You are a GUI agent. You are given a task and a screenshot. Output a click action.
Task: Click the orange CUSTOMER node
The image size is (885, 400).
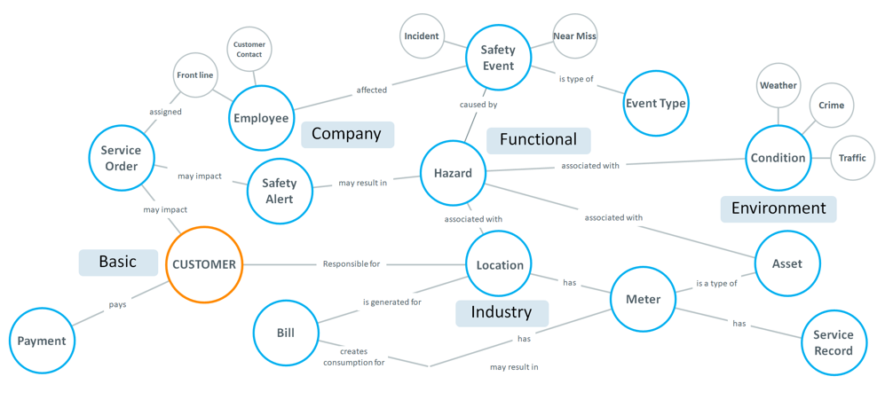click(x=204, y=264)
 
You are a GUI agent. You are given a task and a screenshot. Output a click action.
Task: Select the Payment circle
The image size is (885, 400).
click(x=42, y=341)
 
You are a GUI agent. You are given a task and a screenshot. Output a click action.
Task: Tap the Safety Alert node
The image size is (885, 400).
click(x=279, y=192)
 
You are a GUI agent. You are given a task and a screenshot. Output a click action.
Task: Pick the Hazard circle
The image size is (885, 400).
click(x=453, y=173)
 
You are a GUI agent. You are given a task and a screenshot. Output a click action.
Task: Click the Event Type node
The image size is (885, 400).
click(x=656, y=103)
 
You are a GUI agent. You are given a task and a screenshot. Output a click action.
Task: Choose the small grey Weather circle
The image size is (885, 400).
click(x=778, y=86)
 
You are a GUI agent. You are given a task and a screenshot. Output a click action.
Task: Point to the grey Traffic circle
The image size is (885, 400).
click(x=852, y=158)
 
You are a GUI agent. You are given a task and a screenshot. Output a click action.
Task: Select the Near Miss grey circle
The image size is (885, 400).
click(x=575, y=36)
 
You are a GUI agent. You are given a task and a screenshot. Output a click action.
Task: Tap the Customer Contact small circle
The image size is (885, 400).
click(x=249, y=50)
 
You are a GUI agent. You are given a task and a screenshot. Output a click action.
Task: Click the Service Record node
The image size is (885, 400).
click(x=833, y=341)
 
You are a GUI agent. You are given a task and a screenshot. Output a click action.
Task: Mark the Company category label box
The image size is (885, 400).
click(x=347, y=134)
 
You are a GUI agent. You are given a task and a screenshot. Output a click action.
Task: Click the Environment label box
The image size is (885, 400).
click(x=778, y=208)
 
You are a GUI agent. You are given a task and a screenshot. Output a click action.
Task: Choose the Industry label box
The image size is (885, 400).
click(x=502, y=312)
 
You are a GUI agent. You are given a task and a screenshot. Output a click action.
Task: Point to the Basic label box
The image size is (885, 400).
click(x=118, y=262)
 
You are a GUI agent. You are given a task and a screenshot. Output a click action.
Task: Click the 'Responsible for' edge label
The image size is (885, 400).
click(x=352, y=264)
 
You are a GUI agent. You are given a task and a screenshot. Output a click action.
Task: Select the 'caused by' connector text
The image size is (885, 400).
click(x=478, y=105)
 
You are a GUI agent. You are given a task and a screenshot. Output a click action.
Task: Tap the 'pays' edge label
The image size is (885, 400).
click(x=117, y=304)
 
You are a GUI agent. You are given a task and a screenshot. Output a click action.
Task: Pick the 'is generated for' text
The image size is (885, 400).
click(x=391, y=302)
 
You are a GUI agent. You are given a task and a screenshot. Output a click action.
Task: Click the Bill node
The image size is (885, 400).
click(x=286, y=333)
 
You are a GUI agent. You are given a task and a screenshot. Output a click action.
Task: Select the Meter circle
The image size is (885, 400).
click(x=643, y=299)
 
